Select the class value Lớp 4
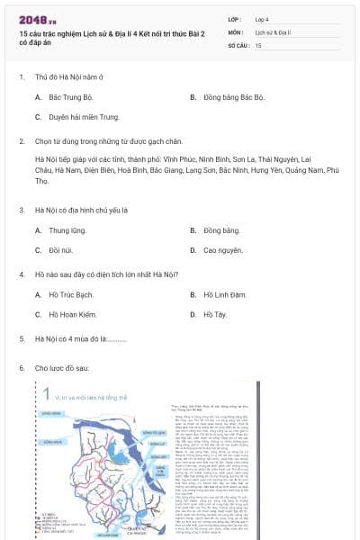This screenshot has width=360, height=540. (264, 18)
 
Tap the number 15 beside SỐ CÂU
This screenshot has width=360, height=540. (258, 44)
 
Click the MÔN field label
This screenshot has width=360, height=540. (235, 31)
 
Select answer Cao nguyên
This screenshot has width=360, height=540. (223, 251)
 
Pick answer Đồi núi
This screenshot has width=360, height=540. (60, 251)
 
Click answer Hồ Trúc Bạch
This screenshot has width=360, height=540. (71, 294)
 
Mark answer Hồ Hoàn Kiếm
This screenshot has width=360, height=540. (72, 315)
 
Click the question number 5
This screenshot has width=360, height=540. (22, 338)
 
